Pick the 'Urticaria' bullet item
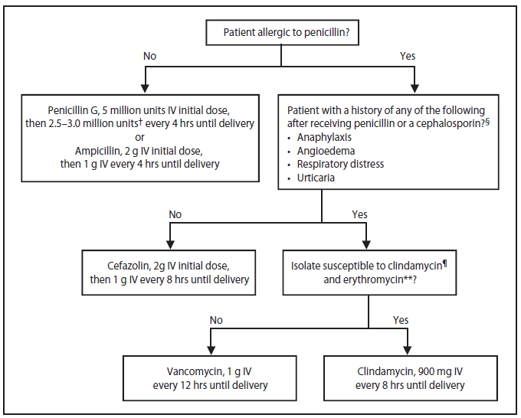tap(316, 178)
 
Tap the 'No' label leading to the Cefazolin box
tap(175, 215)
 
